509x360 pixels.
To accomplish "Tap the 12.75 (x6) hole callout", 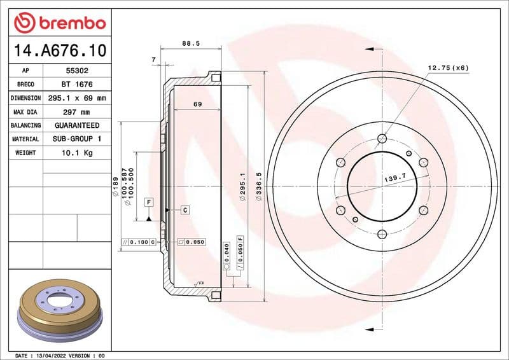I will [x=448, y=67].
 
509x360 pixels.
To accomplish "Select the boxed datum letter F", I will [x=149, y=202].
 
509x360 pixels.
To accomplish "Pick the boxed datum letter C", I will [x=185, y=209].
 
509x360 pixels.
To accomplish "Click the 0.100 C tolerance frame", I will [x=139, y=242].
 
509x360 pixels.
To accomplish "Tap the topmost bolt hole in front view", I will [x=382, y=139].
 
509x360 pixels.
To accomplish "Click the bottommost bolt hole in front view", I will [x=382, y=235].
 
